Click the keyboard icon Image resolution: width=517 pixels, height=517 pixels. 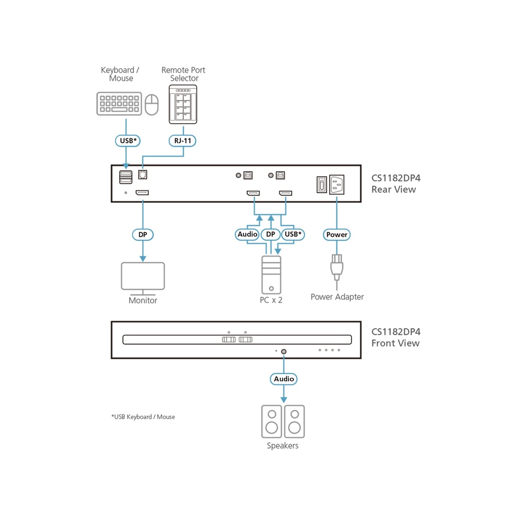click(119, 104)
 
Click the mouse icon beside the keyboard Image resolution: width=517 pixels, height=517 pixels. click(151, 105)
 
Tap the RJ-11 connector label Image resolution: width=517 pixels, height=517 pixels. click(183, 141)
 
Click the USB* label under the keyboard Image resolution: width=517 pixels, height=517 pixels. click(129, 141)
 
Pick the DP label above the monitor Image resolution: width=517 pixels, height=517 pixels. click(143, 234)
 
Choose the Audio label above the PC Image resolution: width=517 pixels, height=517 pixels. click(247, 234)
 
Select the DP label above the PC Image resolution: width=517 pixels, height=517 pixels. click(271, 234)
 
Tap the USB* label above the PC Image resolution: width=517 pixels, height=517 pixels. click(293, 234)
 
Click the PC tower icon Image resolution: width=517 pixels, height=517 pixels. click(272, 275)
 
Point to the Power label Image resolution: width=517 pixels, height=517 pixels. click(337, 234)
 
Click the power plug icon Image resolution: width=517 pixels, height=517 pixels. click(337, 266)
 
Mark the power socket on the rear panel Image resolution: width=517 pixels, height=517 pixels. click(338, 184)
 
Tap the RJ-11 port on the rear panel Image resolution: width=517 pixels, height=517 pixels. click(142, 174)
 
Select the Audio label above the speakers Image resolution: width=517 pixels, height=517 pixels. click(284, 379)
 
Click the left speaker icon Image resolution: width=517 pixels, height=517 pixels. click(272, 421)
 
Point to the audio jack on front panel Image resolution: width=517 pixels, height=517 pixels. click(284, 351)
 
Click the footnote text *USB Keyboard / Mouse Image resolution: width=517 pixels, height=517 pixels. click(143, 417)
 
